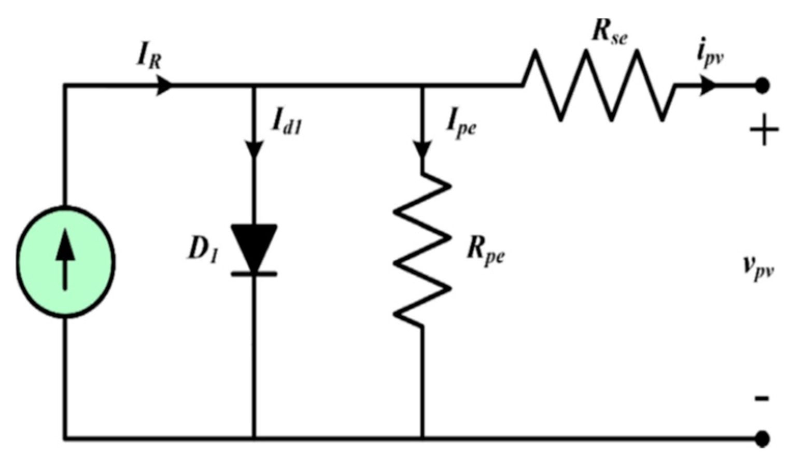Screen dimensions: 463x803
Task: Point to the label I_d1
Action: pyautogui.click(x=286, y=123)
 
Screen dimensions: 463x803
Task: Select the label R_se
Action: pyautogui.click(x=609, y=32)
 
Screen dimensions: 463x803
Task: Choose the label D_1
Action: pyautogui.click(x=203, y=250)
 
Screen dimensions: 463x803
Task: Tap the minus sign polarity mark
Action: pyautogui.click(x=762, y=398)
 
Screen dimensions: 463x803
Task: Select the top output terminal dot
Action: pyautogui.click(x=762, y=86)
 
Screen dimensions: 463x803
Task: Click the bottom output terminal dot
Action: pyautogui.click(x=762, y=439)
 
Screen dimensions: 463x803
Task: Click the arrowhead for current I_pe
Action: pyautogui.click(x=422, y=150)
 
